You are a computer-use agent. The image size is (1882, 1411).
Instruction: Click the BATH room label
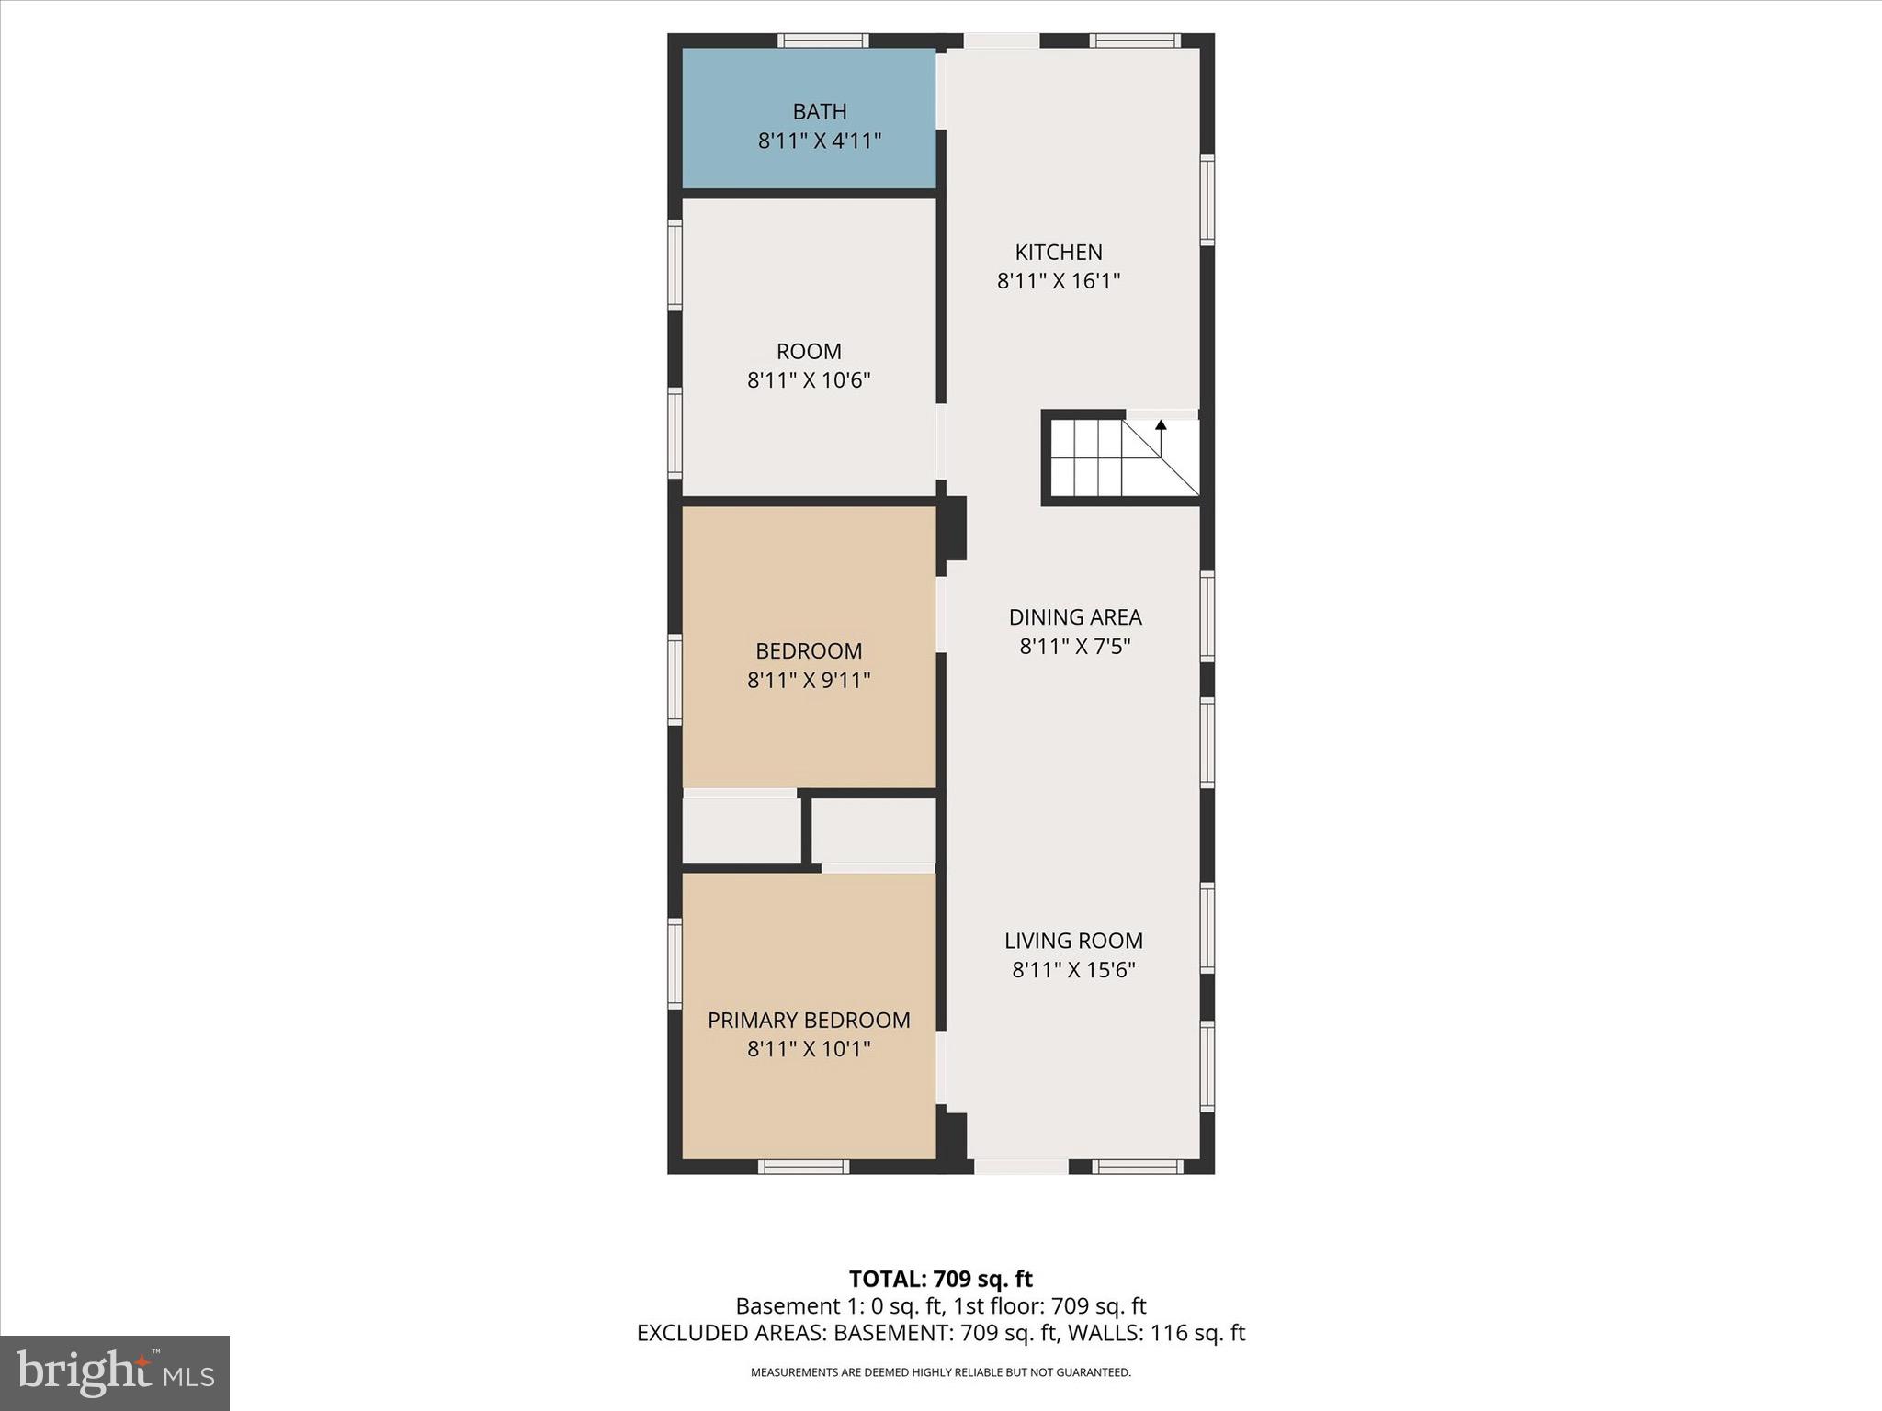(820, 111)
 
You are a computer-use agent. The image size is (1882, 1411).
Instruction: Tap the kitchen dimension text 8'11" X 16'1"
(1059, 281)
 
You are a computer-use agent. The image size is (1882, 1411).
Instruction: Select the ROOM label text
(809, 351)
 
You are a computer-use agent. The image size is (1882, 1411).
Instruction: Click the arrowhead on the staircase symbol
(1161, 425)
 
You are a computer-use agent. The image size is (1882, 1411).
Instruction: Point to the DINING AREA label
(1075, 617)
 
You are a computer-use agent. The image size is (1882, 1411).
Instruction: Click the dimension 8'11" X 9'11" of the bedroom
(809, 681)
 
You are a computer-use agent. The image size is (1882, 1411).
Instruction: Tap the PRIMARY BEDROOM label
(809, 1020)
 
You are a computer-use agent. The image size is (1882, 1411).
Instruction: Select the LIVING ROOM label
(1073, 941)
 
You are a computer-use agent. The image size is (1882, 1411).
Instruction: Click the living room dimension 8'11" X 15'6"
(1073, 970)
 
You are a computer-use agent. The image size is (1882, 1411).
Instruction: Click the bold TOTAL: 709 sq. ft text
(940, 1279)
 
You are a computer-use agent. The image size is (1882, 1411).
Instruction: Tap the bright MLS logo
(115, 1372)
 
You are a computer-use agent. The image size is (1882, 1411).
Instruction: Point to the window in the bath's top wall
(822, 40)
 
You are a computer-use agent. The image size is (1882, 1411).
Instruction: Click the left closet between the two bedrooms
(741, 830)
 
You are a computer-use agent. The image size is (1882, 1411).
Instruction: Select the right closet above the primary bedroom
(874, 830)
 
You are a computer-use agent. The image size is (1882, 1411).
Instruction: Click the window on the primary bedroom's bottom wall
(804, 1167)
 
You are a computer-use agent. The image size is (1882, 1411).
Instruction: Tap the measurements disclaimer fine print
(940, 1372)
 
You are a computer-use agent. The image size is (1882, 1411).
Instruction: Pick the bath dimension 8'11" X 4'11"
(820, 141)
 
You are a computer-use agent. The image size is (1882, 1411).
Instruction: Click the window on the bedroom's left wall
(675, 680)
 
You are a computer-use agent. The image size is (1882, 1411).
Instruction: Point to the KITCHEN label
(1059, 252)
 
